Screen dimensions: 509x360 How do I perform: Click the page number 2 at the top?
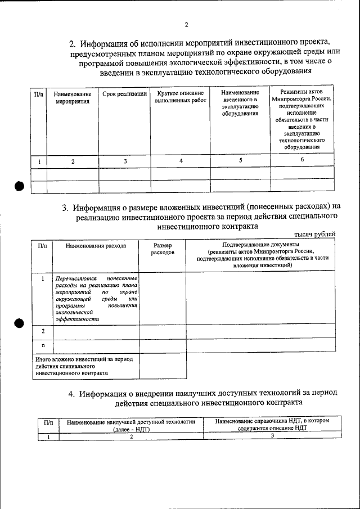[186, 25]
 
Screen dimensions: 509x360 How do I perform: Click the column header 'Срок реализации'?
[124, 94]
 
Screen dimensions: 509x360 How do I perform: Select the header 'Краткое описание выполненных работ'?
[181, 97]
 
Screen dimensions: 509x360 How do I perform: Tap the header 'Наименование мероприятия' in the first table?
[73, 97]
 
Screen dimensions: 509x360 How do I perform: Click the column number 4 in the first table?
[181, 161]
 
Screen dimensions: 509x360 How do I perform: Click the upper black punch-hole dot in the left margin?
[19, 187]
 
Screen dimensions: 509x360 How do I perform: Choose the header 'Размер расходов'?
[162, 249]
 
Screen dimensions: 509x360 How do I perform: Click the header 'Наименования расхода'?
[96, 246]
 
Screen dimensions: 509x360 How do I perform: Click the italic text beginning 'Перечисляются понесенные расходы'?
[96, 299]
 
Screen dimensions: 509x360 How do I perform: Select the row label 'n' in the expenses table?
[43, 345]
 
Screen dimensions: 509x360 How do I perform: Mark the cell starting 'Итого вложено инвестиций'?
[85, 365]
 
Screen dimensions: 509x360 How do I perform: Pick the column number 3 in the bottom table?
[272, 436]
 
